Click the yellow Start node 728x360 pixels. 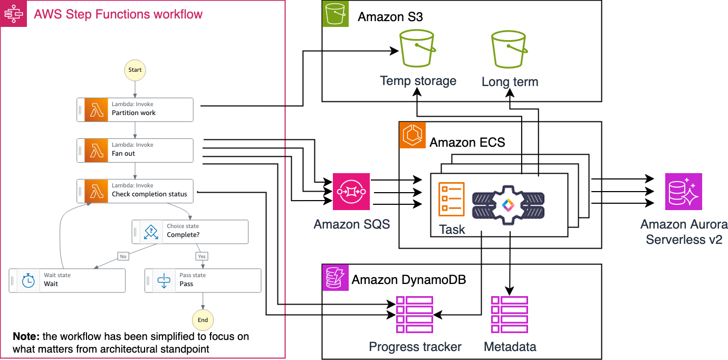(x=135, y=70)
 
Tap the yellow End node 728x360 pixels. (x=203, y=319)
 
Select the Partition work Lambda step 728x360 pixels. (x=135, y=109)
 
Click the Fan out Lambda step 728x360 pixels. (x=135, y=150)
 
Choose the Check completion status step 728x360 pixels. (x=135, y=191)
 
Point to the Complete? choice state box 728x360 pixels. (x=190, y=231)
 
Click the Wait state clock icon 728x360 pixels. (x=28, y=281)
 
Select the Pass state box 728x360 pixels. (x=203, y=280)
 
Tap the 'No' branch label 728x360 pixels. (x=123, y=256)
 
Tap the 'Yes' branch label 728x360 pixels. (x=202, y=256)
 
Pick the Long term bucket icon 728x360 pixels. (x=510, y=51)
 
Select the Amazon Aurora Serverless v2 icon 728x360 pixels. (x=683, y=192)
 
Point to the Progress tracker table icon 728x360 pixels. (x=414, y=315)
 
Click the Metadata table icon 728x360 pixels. (x=510, y=315)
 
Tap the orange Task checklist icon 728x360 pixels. (x=452, y=199)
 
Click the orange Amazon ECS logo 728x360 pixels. (x=413, y=135)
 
